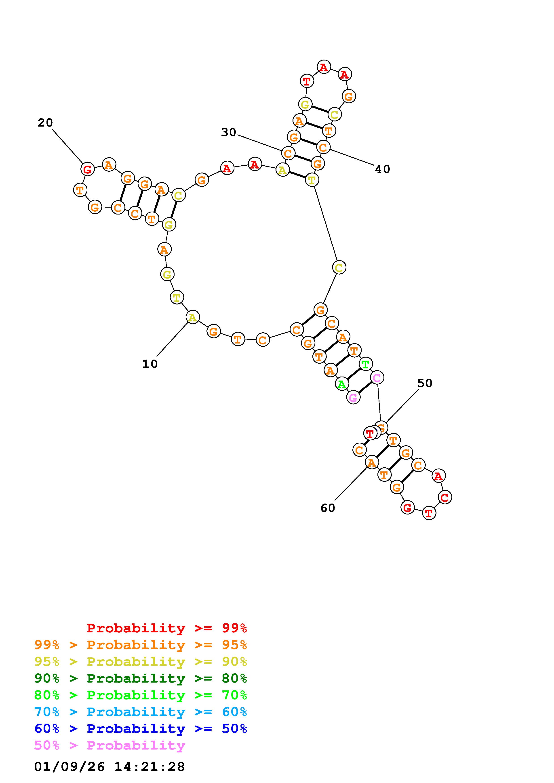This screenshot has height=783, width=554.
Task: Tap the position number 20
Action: (x=45, y=123)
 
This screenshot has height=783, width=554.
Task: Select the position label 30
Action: (x=228, y=132)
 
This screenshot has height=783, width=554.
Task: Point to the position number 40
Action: (x=382, y=169)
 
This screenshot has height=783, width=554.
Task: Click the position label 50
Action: (x=425, y=383)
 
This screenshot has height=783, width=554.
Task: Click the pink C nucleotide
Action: (x=377, y=377)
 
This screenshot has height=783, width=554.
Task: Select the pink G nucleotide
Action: (x=353, y=397)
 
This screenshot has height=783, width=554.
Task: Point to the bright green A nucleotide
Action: (x=341, y=384)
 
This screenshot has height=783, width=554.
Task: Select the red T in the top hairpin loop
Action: (x=307, y=81)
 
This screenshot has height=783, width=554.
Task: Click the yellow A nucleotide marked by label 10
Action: (x=192, y=317)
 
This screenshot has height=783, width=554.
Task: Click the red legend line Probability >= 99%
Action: (x=167, y=628)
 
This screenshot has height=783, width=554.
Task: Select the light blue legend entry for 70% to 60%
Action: (x=141, y=712)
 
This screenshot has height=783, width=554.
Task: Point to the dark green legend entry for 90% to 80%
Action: (x=141, y=678)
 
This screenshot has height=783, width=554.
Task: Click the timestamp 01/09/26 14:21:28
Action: (x=110, y=767)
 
